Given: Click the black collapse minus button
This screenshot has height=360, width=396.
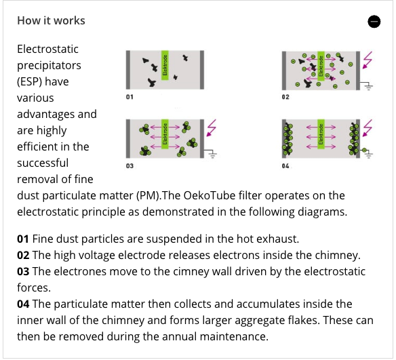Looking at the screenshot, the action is coord(374,21).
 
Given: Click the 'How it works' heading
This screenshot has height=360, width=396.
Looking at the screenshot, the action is coord(51,21).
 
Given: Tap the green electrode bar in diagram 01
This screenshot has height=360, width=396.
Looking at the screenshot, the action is coord(165,65).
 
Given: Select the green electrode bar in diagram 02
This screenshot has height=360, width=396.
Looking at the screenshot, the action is coord(321,66).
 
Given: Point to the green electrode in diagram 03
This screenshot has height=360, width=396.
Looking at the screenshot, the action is coord(165,134).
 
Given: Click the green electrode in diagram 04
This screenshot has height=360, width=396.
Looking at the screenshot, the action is coord(321,134).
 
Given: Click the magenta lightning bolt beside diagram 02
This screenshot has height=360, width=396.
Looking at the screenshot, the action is coord(368,60).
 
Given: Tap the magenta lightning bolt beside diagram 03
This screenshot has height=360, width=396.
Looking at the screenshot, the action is coord(212,128).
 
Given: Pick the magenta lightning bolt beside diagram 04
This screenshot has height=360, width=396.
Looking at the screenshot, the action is coord(368,128).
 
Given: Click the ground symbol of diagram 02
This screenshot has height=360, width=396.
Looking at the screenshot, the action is coord(369,87).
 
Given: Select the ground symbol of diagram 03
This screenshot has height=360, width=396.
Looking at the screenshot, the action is coord(213,155).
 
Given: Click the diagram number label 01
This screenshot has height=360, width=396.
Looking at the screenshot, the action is coord(130,97).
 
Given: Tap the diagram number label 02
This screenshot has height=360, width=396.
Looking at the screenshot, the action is coord(285,97).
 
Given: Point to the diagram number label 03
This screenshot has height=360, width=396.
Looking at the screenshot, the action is coord(130,166).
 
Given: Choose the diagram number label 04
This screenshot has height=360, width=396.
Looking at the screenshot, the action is coord(285,166).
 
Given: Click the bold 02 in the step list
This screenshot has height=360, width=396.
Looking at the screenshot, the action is coord(23,255).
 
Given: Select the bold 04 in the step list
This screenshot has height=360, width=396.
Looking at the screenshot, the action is coord(23,304).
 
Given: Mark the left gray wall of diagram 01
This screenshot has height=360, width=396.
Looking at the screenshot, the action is coord(128,70).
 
